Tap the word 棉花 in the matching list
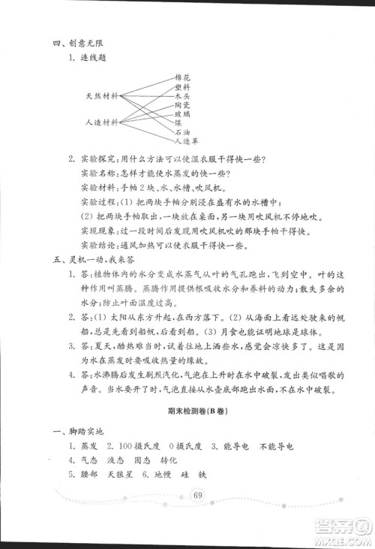[x=182, y=77]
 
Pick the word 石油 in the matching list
[x=182, y=131]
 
